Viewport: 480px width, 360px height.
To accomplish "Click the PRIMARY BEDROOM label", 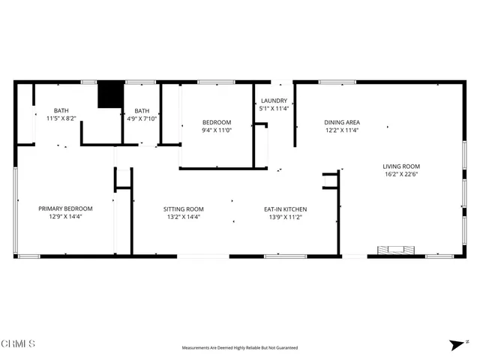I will pos(65,208).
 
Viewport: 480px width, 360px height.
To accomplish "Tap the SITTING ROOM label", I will pos(184,209).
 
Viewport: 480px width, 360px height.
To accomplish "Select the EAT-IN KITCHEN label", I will pos(284,209).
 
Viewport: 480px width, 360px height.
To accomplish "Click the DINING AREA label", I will pos(342,122).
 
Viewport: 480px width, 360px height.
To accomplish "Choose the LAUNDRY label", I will pos(274,100).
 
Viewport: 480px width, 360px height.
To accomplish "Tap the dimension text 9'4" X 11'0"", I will pos(217,130).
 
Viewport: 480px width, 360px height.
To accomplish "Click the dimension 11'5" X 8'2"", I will pos(61,118).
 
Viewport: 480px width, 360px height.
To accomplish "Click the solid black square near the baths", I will pos(110,94).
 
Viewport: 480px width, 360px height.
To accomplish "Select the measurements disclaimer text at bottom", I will pos(239,348).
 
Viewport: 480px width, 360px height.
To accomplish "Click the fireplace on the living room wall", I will pos(394,250).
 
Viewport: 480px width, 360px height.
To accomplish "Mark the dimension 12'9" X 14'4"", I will pos(65,217).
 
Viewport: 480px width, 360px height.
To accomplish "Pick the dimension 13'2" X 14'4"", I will pos(184,217).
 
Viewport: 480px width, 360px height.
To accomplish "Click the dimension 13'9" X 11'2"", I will pos(284,217).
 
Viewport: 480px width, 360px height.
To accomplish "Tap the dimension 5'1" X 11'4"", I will pos(274,109).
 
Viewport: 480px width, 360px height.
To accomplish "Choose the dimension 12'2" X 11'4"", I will pos(342,130).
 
